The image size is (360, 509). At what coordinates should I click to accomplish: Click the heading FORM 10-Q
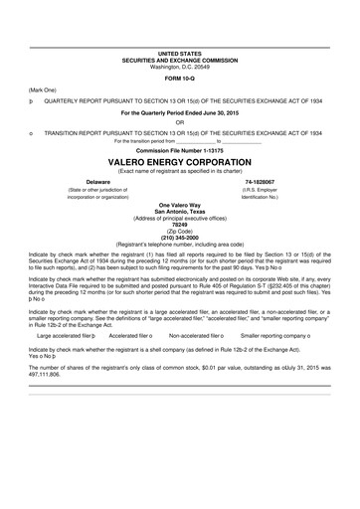(179, 78)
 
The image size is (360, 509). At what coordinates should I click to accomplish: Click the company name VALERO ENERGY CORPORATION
(179, 160)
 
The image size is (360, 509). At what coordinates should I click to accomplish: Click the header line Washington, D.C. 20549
(179, 67)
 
